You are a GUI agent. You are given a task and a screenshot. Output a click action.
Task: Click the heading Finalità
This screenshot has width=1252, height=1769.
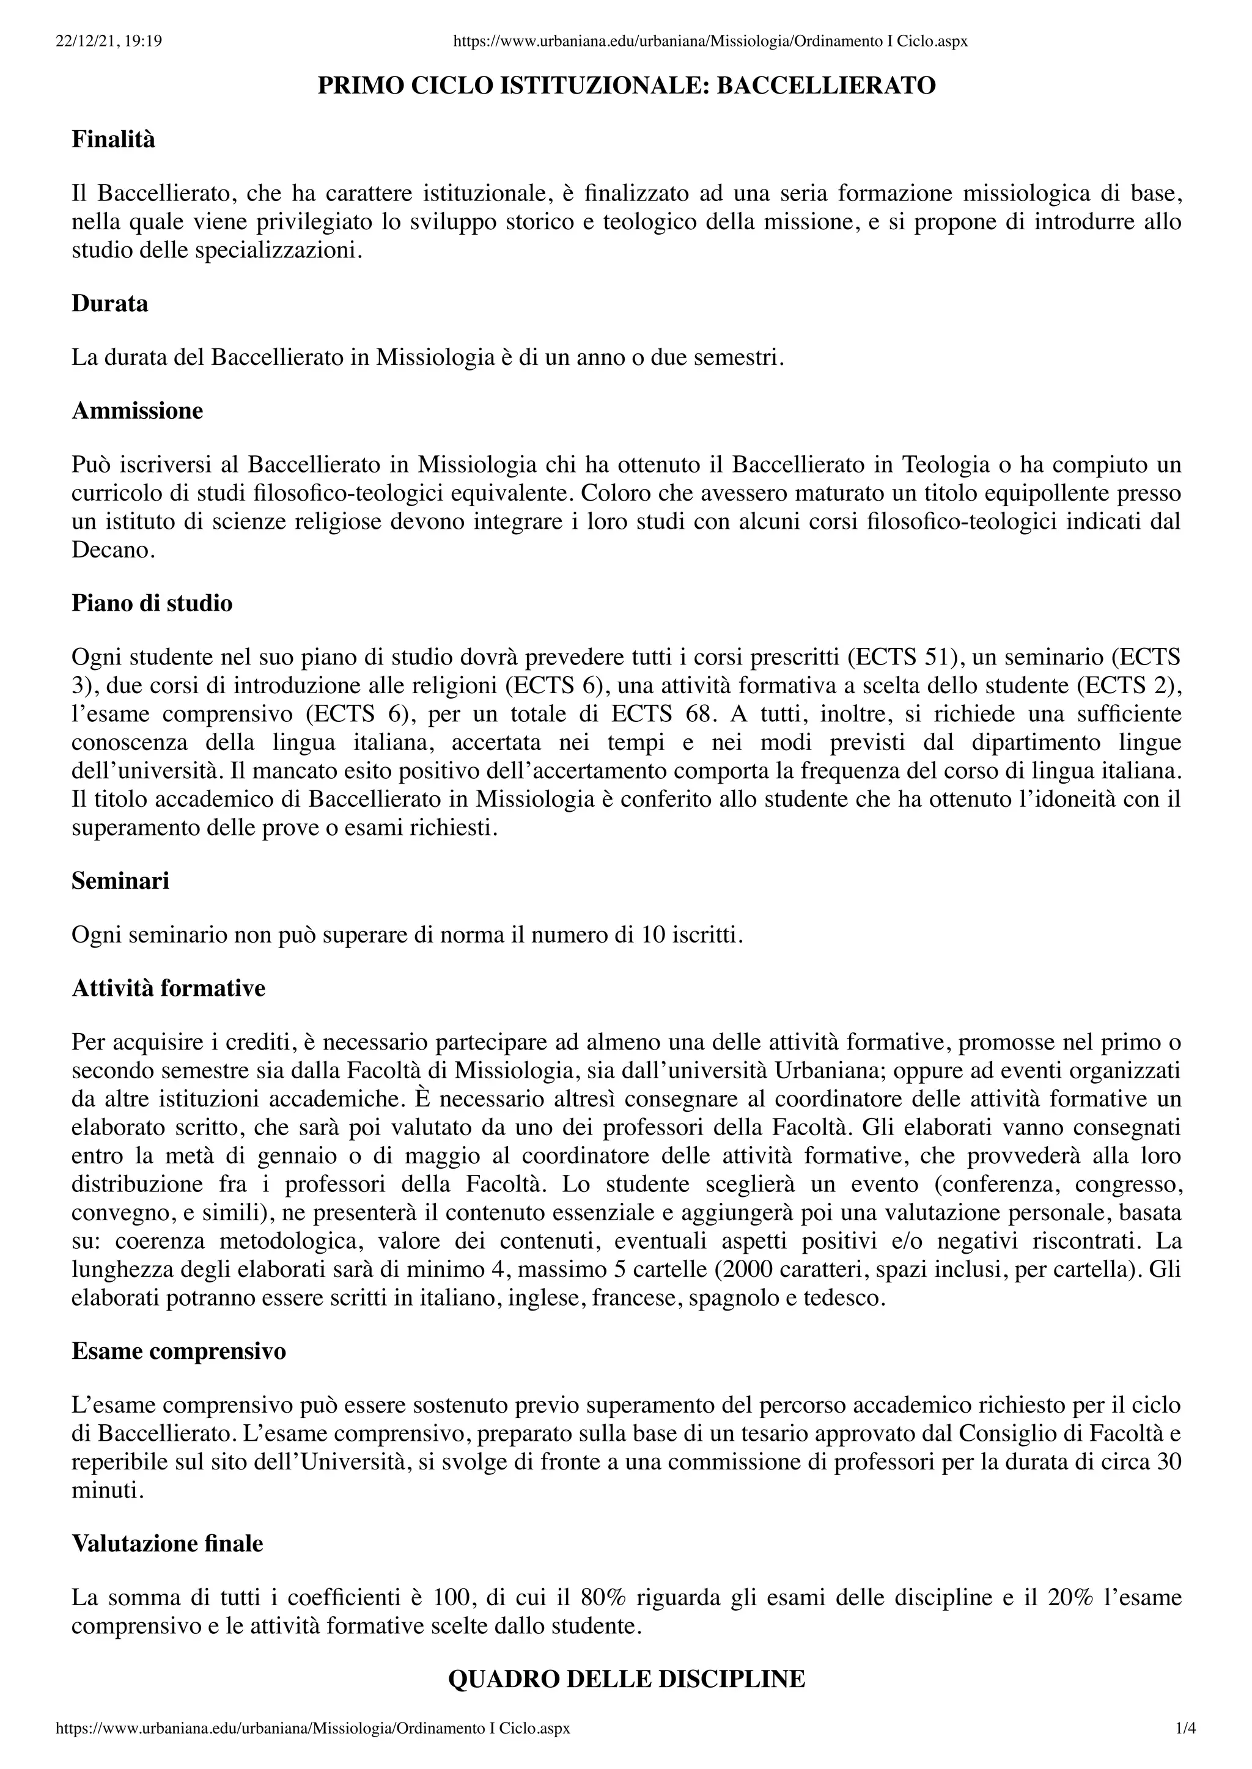coord(113,141)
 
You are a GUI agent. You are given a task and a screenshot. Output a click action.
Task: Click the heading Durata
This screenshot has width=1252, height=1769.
coord(109,304)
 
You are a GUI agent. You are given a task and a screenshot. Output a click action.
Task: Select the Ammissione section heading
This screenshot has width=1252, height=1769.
coord(137,411)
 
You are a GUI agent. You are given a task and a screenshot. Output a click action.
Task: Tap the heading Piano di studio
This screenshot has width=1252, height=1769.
coord(152,603)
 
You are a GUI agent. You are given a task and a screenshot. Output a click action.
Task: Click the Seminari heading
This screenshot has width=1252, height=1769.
coord(120,880)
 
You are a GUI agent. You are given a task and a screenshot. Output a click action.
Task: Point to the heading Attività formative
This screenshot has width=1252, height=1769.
coord(168,988)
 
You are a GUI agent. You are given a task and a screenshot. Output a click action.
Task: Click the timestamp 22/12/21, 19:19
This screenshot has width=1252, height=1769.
coord(109,41)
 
